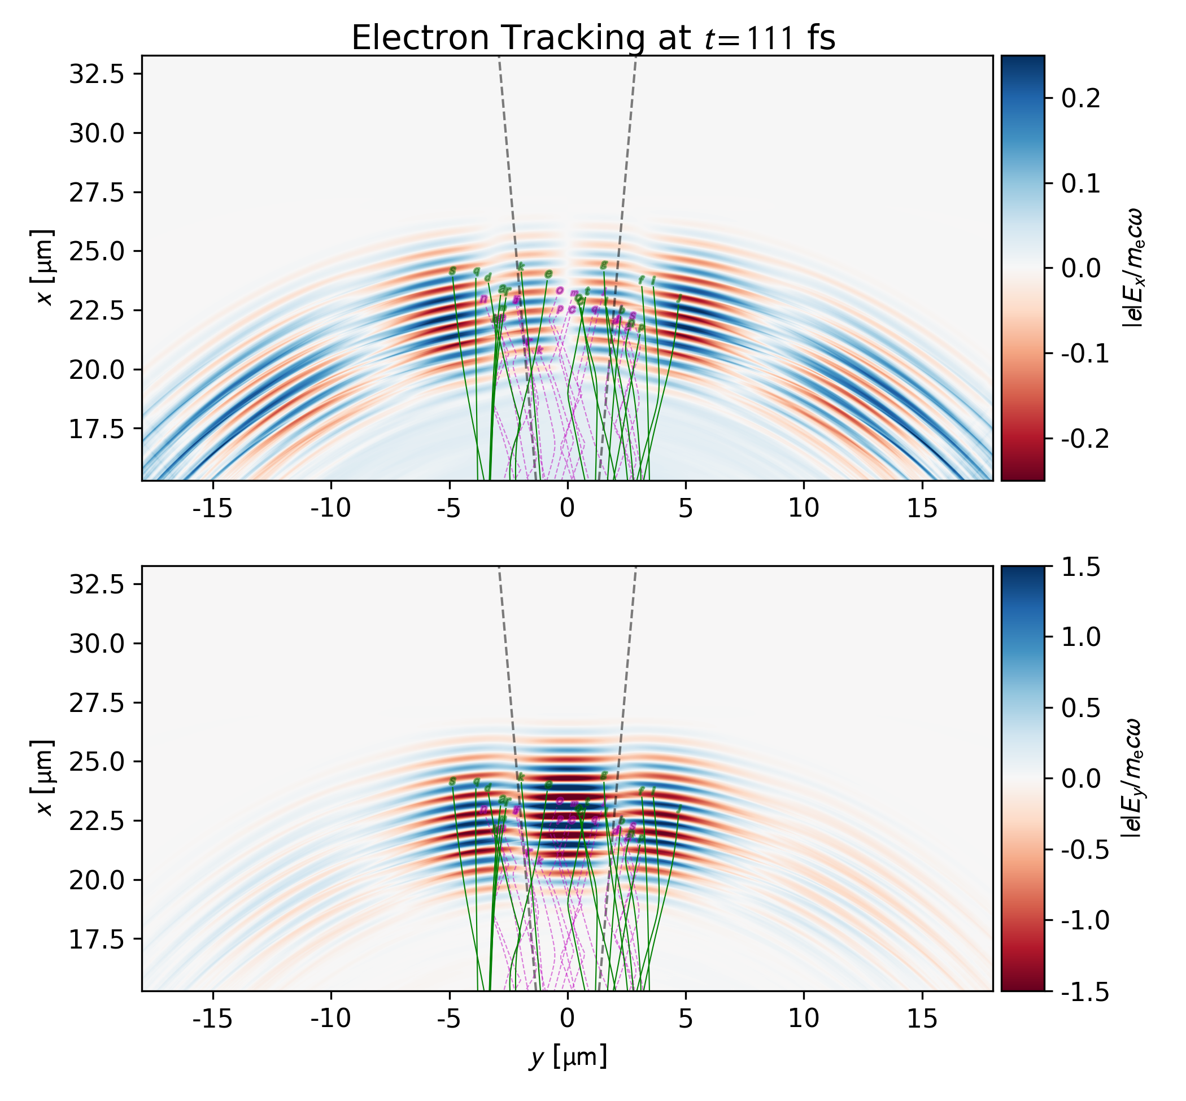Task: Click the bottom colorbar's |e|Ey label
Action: click(1132, 778)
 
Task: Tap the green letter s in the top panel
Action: click(452, 271)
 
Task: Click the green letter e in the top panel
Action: click(548, 274)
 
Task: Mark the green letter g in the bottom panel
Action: click(604, 775)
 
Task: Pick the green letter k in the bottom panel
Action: click(520, 777)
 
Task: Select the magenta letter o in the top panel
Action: click(560, 290)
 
